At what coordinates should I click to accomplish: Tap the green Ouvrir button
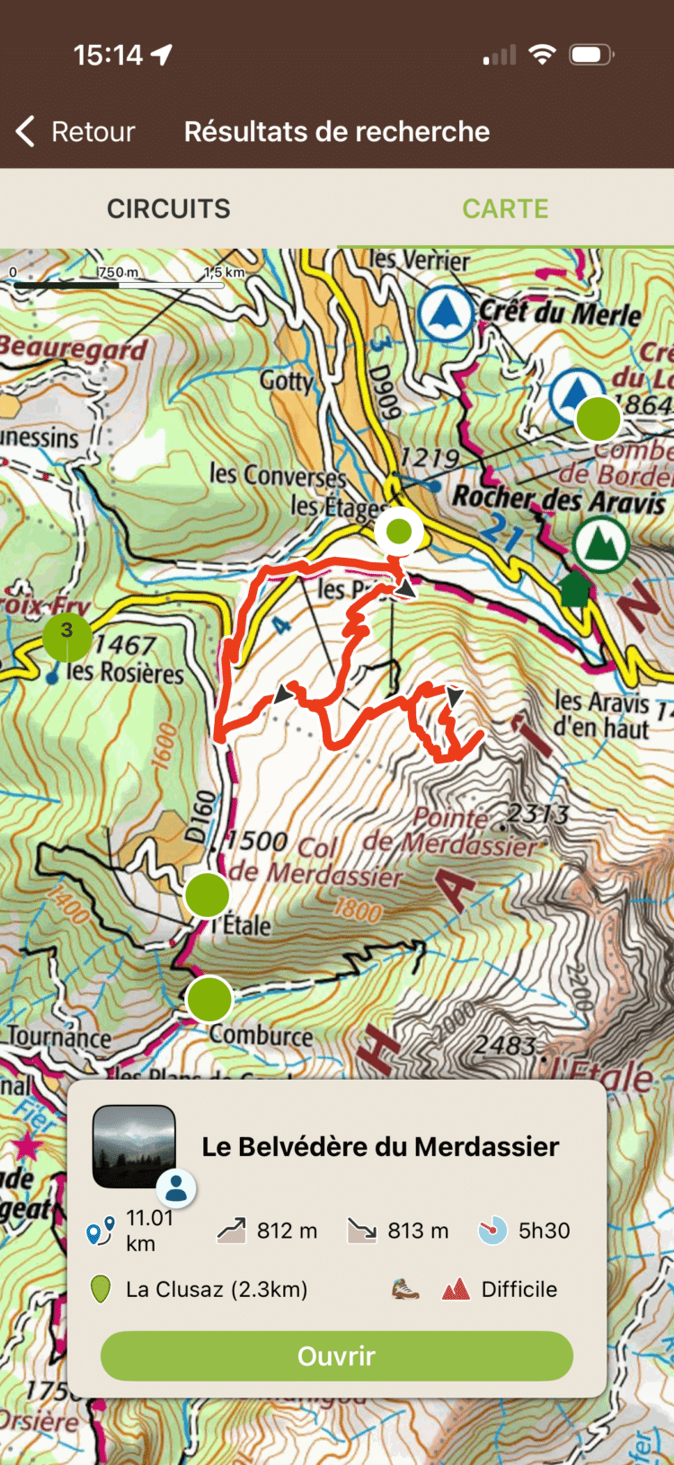(x=336, y=1355)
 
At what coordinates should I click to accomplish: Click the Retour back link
(x=75, y=132)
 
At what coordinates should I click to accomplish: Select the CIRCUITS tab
(x=168, y=208)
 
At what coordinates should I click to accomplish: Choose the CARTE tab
(x=505, y=208)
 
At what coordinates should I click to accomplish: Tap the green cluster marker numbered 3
(x=67, y=636)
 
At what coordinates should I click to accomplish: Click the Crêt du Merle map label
(x=560, y=313)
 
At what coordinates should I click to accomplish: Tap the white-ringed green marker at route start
(x=398, y=531)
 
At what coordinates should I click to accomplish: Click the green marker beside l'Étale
(x=208, y=895)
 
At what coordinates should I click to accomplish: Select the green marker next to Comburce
(x=209, y=999)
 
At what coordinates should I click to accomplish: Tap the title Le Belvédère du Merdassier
(x=380, y=1146)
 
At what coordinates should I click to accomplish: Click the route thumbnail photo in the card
(x=134, y=1146)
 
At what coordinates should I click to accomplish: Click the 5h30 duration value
(x=544, y=1231)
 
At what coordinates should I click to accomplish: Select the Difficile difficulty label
(x=519, y=1289)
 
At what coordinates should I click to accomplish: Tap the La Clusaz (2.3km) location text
(x=216, y=1289)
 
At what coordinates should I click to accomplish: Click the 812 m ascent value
(x=287, y=1231)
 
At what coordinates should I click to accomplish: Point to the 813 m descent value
(x=418, y=1231)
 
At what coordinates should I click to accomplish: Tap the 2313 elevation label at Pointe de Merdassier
(x=537, y=814)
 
